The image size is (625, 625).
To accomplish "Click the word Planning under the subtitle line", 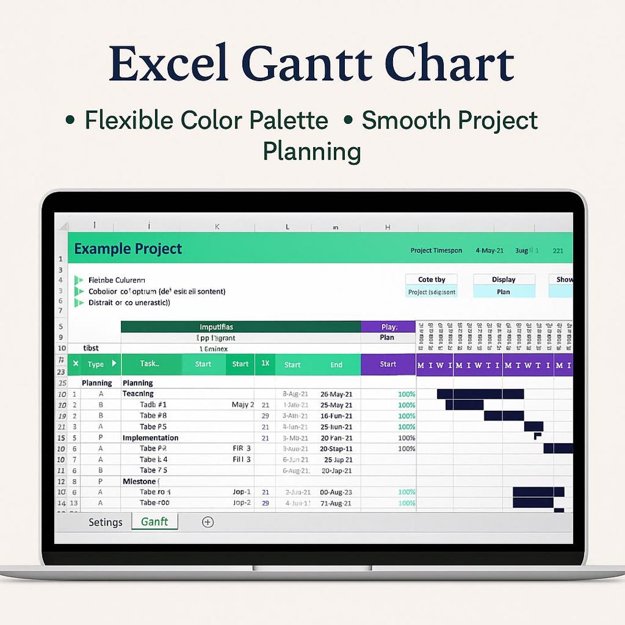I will (312, 152).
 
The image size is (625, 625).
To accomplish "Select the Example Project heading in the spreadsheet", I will (128, 249).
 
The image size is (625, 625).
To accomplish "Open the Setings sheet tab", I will (105, 522).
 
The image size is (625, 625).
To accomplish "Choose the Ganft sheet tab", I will (155, 521).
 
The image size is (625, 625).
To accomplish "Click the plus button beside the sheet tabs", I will (208, 522).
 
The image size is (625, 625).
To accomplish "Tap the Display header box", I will (503, 280).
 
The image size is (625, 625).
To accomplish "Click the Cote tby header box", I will (431, 280).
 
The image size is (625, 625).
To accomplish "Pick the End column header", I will (336, 365).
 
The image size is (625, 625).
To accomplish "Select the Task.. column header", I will (149, 363).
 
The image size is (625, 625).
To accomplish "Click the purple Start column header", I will (388, 364).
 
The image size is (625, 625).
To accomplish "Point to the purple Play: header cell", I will (389, 327).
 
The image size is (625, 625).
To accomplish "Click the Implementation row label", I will (150, 437).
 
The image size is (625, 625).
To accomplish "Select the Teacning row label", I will (138, 394).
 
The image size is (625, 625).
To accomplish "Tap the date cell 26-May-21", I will (336, 394).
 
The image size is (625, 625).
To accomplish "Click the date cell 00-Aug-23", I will (336, 492).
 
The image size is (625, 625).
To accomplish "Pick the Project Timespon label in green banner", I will (436, 251).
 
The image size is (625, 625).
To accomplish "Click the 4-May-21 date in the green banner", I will (490, 251).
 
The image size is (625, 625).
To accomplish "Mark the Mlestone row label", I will (141, 481).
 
